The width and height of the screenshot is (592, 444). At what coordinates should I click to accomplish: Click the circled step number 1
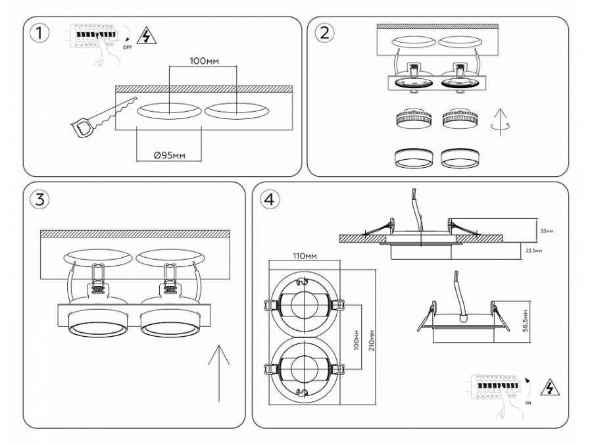39,34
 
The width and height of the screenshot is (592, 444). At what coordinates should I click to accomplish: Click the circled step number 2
324,34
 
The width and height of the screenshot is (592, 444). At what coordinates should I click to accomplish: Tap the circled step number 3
40,200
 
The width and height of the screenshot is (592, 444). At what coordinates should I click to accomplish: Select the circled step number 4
268,200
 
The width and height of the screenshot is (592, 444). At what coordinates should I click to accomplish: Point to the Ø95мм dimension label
168,155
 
